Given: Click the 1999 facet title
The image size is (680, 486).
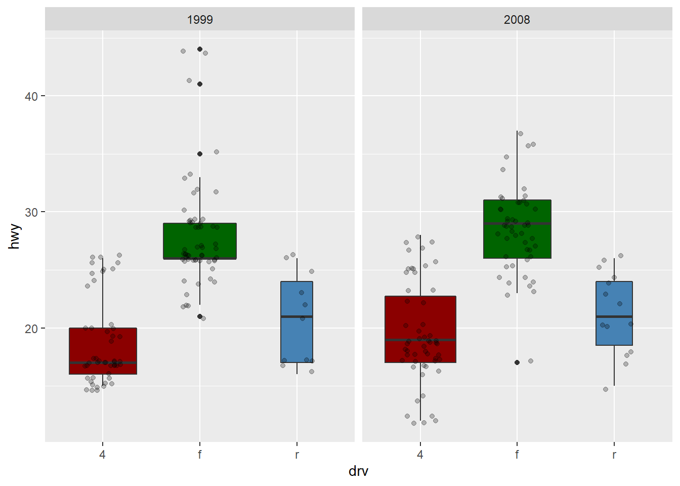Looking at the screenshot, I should (x=200, y=20).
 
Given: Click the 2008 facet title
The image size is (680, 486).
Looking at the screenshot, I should (x=517, y=20).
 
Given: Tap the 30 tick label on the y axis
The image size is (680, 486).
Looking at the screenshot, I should (x=31, y=212).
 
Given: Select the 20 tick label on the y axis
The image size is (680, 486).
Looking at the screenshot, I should (x=31, y=329).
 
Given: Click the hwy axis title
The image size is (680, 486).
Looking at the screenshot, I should (x=15, y=236).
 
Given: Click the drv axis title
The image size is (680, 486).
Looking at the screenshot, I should (x=358, y=471).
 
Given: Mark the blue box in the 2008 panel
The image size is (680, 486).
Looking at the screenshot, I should (x=614, y=299).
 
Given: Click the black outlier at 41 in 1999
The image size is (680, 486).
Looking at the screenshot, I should (x=200, y=84).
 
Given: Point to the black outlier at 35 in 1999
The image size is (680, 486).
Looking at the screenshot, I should (x=200, y=154).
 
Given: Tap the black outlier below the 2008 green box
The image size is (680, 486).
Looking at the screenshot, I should (x=517, y=362).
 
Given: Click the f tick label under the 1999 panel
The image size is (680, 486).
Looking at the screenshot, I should (x=200, y=455).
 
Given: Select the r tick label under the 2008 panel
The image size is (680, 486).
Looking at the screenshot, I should (x=614, y=455).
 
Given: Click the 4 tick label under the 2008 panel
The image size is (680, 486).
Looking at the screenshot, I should (x=420, y=455).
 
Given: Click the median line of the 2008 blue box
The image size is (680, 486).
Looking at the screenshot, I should (x=614, y=316).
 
